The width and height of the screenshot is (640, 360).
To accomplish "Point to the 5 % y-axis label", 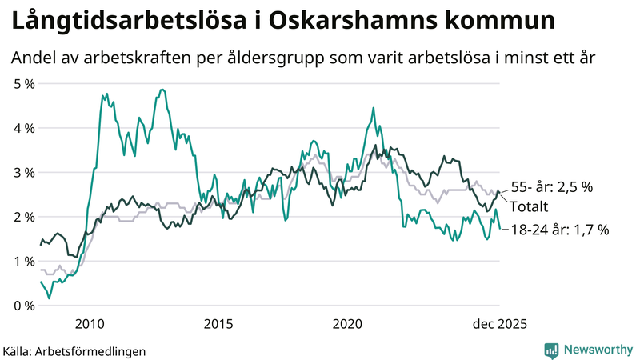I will pos(24,83).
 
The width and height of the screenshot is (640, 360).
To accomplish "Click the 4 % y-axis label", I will pos(24,128).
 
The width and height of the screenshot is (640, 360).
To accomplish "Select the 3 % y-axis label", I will pos(24,172).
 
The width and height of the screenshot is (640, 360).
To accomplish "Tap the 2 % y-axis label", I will pos(24,217).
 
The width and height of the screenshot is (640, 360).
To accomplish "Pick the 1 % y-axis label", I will pos(24,261).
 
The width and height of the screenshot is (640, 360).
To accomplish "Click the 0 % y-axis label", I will pos(24,306).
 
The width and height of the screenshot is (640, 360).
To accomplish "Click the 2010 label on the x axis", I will pos(90,324).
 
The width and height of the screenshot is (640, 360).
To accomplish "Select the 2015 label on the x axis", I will pos(218,324).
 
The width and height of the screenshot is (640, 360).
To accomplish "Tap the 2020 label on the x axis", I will pos(348,324).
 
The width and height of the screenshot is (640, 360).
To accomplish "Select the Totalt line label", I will pos(529,206).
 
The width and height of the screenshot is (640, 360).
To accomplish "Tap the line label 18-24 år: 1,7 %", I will pos(558,230).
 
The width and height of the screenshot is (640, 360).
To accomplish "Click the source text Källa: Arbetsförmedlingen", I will pos(74,350).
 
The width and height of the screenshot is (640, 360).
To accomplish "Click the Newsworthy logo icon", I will pos(551,350).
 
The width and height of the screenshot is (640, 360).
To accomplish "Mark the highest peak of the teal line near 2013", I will pos(162,90).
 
